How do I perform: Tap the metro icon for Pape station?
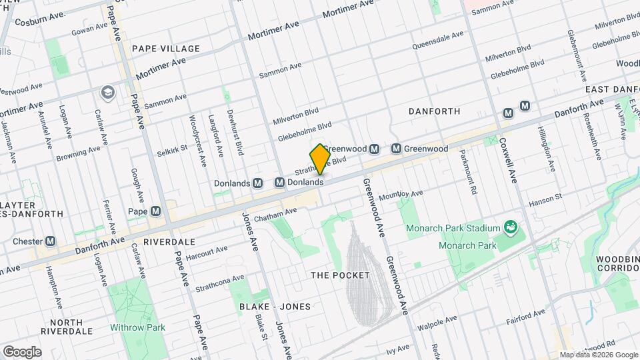click(156, 211)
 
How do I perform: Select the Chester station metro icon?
click(50, 241)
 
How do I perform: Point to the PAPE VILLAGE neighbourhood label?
click(166, 49)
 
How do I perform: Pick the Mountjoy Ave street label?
click(401, 195)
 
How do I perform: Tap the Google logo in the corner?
click(21, 352)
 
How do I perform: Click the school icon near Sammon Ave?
click(107, 91)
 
